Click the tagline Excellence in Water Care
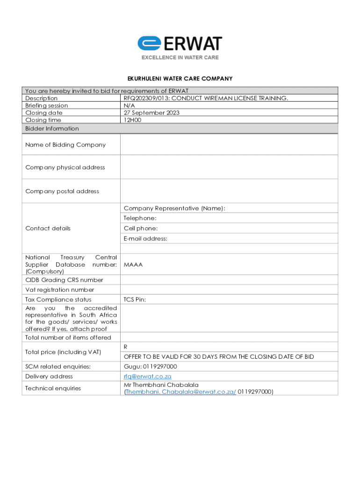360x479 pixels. tap(180, 58)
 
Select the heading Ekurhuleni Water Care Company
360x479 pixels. tap(180, 79)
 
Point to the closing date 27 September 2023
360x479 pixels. tap(151, 113)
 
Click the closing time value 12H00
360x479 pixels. tap(132, 120)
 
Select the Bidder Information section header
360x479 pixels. tap(52, 129)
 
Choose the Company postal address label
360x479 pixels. tap(62, 191)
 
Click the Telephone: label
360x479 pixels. tap(140, 218)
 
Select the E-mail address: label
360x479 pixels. tap(145, 239)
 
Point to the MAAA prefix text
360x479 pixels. tap(133, 264)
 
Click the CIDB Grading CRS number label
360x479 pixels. tap(64, 280)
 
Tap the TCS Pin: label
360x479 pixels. tap(135, 299)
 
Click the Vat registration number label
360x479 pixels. tap(59, 290)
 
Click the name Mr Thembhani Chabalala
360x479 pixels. tap(161, 385)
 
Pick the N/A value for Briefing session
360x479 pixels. tap(129, 106)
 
